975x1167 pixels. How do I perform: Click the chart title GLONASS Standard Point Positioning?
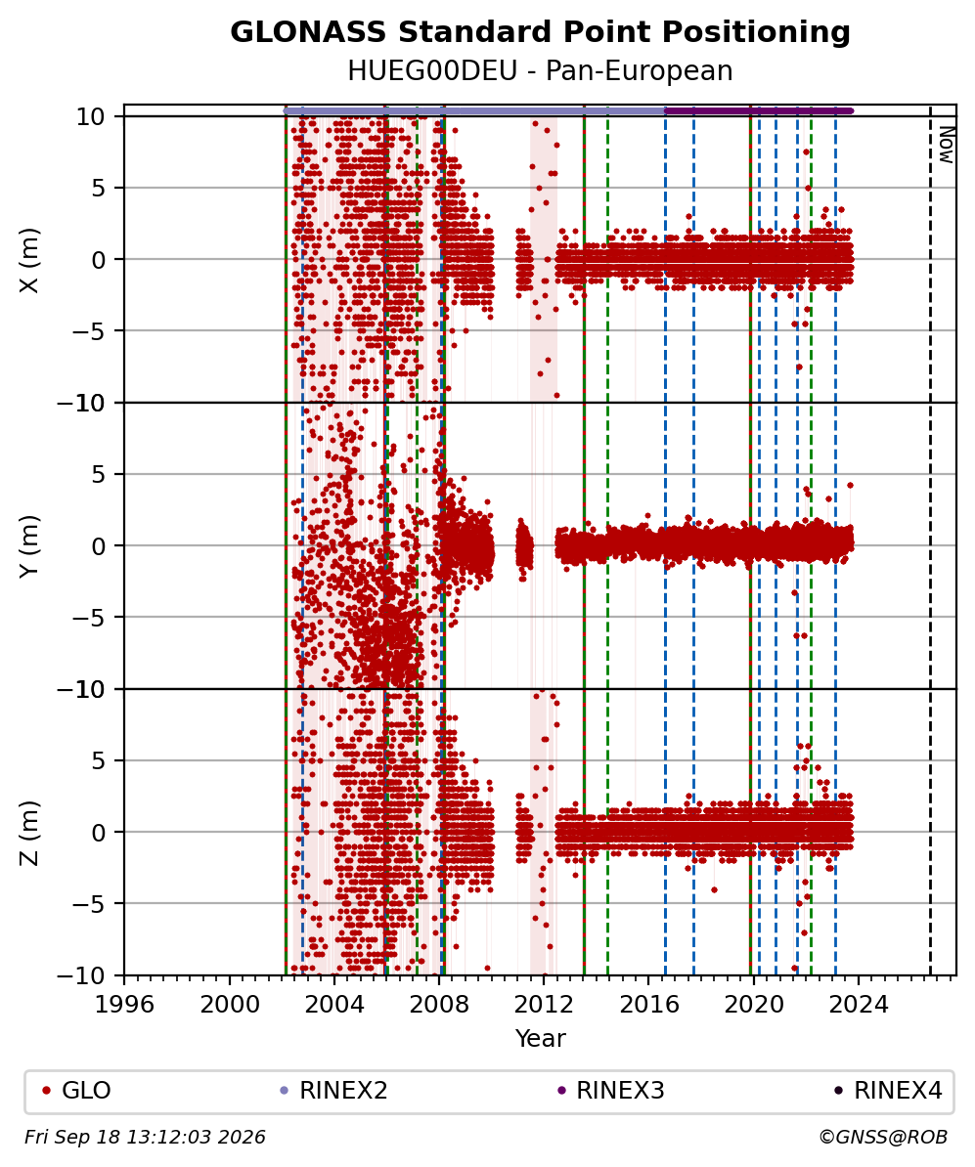click(540, 32)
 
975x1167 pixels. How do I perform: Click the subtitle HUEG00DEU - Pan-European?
click(540, 70)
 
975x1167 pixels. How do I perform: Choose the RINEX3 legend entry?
click(611, 1091)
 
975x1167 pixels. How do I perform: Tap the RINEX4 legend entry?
click(888, 1091)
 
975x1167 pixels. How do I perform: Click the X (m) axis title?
click(29, 260)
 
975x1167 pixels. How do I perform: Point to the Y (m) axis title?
click(29, 546)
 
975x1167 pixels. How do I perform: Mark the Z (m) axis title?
click(29, 833)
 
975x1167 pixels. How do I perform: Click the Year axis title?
click(540, 1038)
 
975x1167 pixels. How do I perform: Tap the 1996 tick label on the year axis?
click(124, 1005)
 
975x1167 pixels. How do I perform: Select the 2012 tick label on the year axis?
click(544, 1005)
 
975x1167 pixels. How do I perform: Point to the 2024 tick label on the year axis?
click(858, 1005)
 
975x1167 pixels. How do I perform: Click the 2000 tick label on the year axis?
click(230, 1005)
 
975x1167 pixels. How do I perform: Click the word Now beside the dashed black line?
click(946, 145)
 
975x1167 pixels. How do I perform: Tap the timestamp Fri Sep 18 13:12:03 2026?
click(145, 1138)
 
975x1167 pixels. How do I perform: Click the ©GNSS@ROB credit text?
click(883, 1138)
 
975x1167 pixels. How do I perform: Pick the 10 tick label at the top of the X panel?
click(90, 117)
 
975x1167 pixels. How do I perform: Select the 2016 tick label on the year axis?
click(648, 1005)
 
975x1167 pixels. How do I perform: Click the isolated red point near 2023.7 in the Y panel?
click(851, 485)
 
